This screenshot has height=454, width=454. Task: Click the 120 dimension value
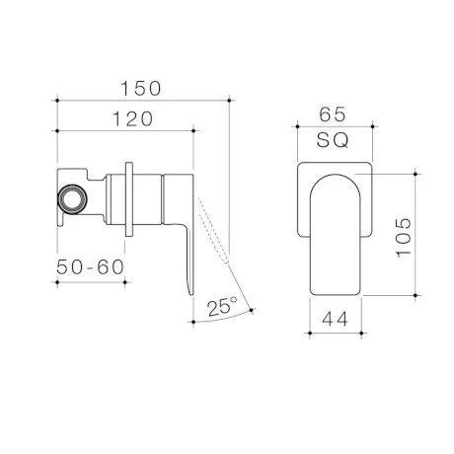click(x=126, y=117)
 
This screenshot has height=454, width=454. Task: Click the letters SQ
click(x=336, y=141)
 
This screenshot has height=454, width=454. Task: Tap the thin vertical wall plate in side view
click(x=130, y=197)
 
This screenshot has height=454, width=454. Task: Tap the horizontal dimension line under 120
click(x=126, y=129)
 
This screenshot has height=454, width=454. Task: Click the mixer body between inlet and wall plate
click(x=104, y=188)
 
